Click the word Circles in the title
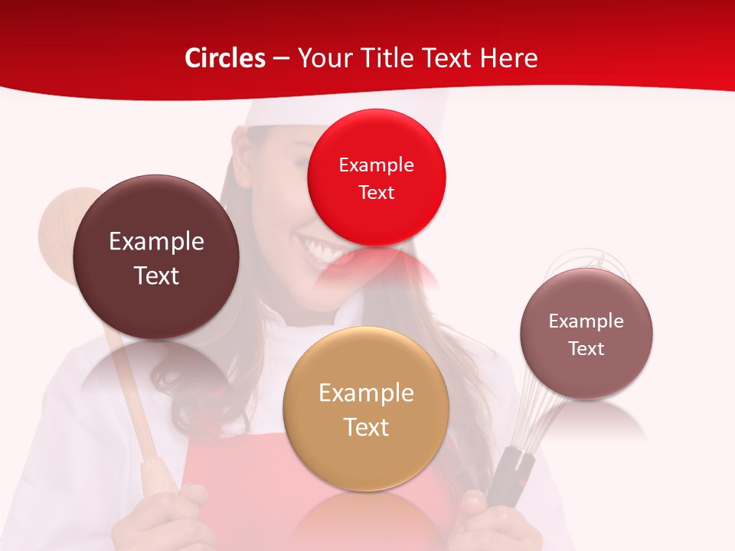tap(224, 58)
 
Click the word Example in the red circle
tap(376, 165)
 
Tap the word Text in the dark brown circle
tap(156, 275)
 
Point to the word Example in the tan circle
tap(366, 393)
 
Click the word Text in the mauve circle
tap(586, 349)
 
